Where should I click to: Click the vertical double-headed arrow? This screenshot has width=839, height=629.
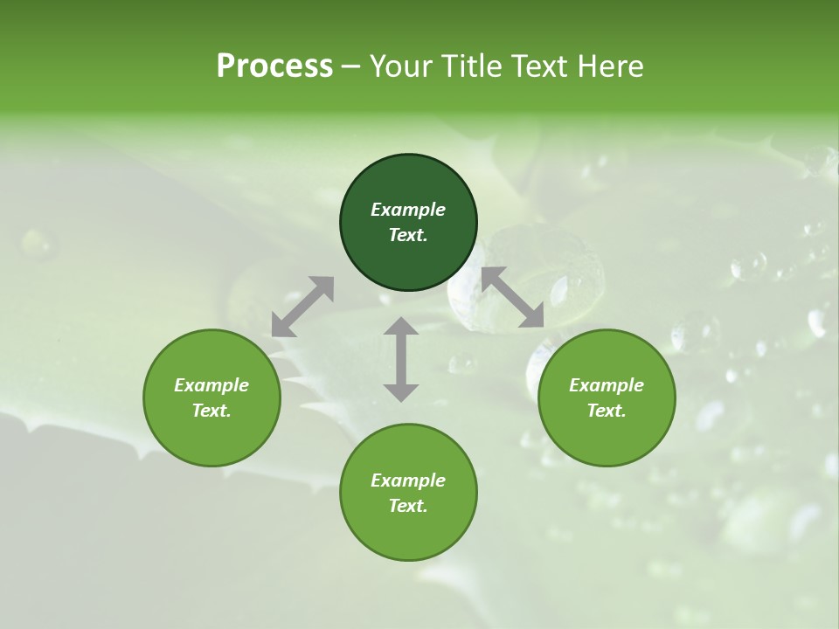point(401,359)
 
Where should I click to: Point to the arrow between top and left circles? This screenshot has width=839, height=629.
point(302,306)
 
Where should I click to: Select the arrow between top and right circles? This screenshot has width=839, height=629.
point(512,297)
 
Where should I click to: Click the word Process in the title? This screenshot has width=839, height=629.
point(274,66)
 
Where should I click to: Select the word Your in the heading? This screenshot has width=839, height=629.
point(399,66)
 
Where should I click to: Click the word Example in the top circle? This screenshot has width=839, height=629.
point(408,210)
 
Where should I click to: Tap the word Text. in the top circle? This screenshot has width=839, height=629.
point(408,235)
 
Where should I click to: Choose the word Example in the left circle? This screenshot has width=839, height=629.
point(211,385)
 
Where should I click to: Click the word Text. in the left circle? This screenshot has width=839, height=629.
point(211,411)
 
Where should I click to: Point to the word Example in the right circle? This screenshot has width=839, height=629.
point(607,385)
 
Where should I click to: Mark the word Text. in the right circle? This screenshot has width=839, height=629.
point(607,411)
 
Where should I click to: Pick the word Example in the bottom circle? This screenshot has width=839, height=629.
point(408,480)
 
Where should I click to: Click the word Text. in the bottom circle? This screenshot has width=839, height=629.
point(408,506)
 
